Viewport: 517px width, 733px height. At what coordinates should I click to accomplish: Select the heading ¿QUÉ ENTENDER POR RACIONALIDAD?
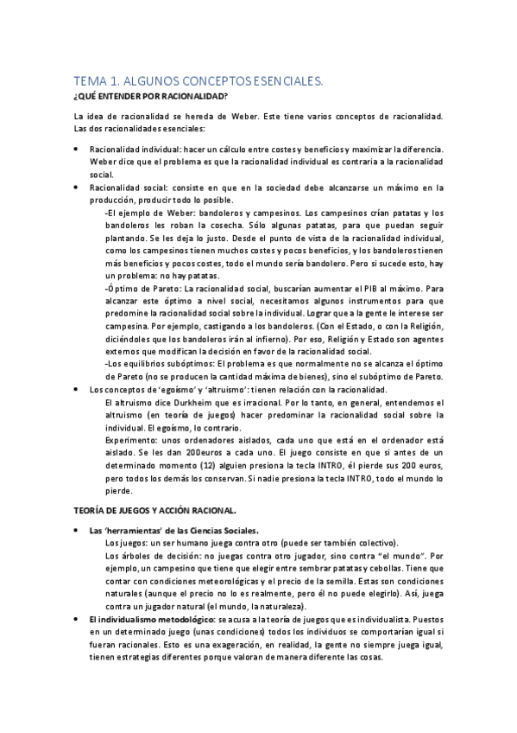(151, 95)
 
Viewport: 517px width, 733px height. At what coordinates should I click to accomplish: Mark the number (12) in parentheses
(195, 465)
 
